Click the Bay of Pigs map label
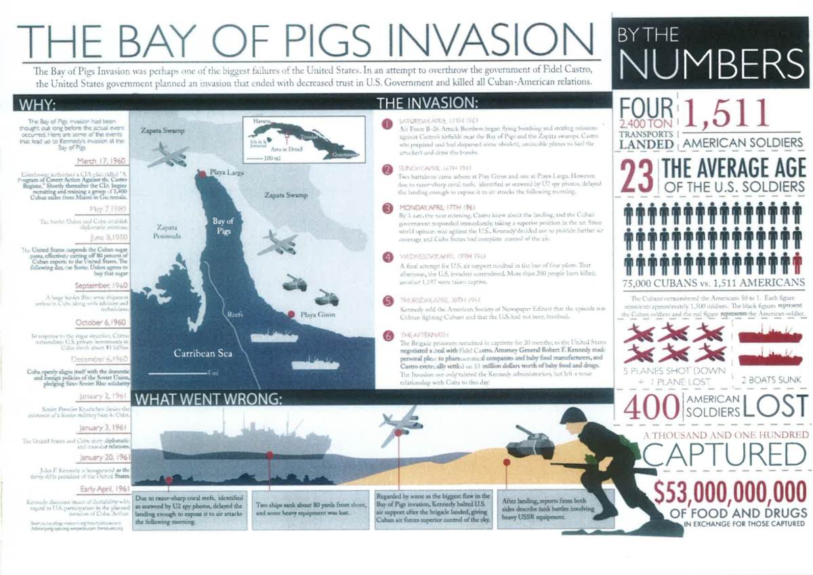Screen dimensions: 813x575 point(224,226)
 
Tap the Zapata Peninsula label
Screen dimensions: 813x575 point(167,232)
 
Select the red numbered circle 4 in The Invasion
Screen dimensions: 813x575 point(388,257)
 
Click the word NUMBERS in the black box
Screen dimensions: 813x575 point(710,62)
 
